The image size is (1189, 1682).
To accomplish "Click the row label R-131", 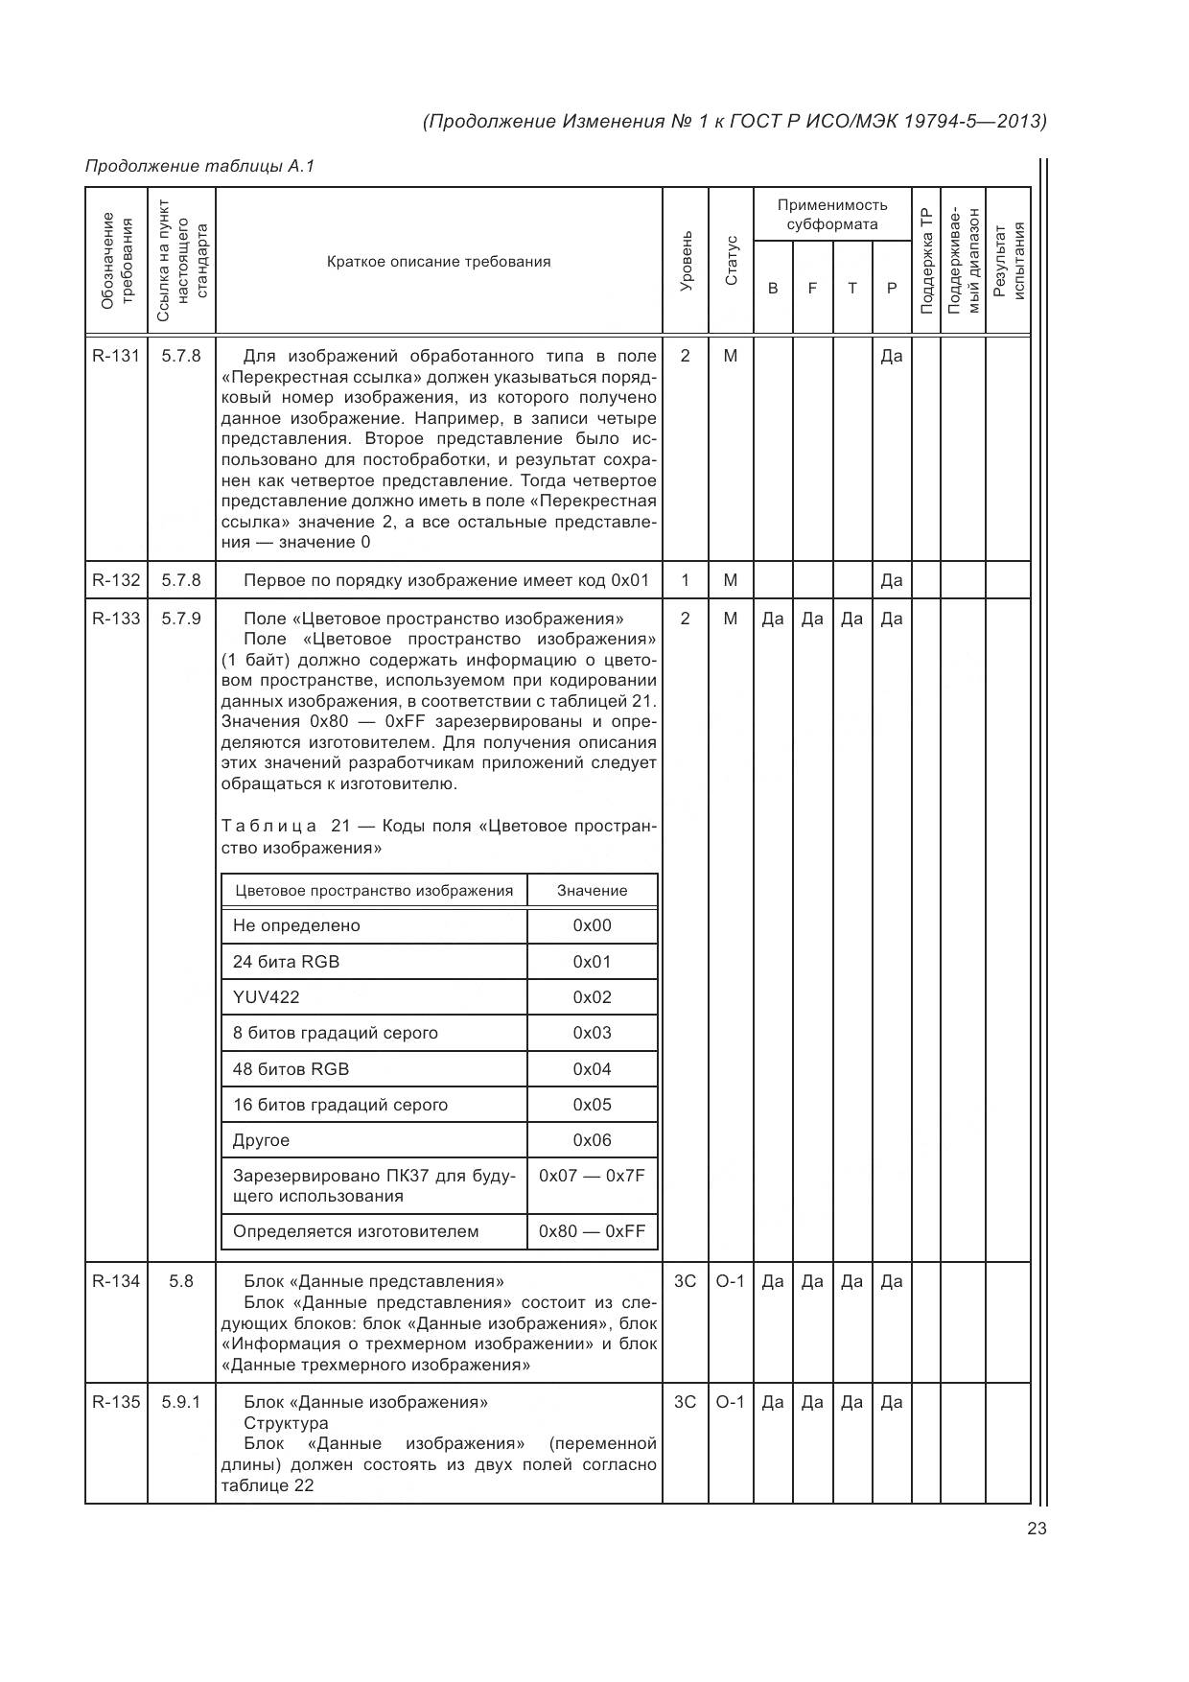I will point(115,356).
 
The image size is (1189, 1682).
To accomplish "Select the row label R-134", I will point(115,1281).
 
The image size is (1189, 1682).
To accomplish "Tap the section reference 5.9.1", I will point(181,1402).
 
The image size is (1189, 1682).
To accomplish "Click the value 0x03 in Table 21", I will point(592,1033).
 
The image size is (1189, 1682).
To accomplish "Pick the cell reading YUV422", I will point(267,997).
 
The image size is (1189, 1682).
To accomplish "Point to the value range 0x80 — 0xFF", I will point(592,1231).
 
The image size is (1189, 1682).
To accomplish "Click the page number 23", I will point(1037,1529).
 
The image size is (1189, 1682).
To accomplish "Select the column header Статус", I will point(732,260).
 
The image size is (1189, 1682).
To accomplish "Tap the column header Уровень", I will point(686,260).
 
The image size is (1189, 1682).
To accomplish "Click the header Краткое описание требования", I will point(438,262).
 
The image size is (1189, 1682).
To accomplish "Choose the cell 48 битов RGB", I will point(291,1069).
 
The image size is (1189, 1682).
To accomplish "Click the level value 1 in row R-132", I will point(685,580).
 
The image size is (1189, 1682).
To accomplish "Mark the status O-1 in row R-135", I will point(731,1402).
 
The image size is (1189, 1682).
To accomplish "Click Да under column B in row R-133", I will point(773,619).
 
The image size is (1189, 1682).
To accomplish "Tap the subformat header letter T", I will point(851,288).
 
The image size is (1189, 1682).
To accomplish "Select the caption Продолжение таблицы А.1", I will point(199,166).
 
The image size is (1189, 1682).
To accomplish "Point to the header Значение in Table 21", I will point(592,890).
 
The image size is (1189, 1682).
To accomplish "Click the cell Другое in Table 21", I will point(261,1140).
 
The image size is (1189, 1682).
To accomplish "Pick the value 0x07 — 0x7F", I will point(592,1176).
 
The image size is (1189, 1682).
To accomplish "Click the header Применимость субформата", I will point(831,214).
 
